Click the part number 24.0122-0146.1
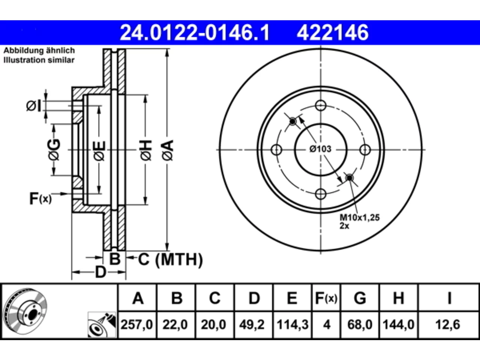(x=195, y=33)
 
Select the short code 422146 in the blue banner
(x=333, y=33)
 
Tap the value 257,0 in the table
(x=136, y=325)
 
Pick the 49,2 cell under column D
(x=252, y=325)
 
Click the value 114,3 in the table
(x=292, y=325)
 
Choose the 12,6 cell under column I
(x=448, y=325)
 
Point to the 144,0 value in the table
(x=398, y=325)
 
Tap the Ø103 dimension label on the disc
(x=321, y=149)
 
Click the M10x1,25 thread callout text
(x=360, y=217)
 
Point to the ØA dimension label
(x=168, y=150)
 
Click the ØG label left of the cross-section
(x=54, y=150)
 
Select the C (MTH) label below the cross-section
(x=171, y=259)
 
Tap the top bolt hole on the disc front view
(x=321, y=105)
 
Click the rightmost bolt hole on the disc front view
(x=365, y=150)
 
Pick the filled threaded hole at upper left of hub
(x=292, y=121)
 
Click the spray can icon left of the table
(x=102, y=325)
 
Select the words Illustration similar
(x=39, y=60)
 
